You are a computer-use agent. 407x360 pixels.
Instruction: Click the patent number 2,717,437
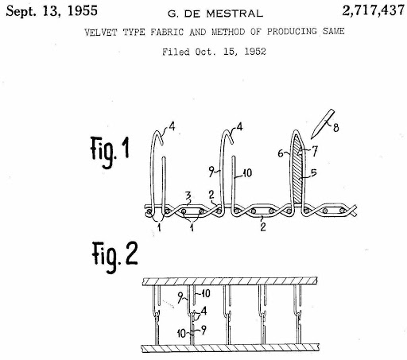(374, 11)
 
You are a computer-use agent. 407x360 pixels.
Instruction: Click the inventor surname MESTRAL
(235, 14)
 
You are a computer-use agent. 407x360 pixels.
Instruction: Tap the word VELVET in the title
(101, 33)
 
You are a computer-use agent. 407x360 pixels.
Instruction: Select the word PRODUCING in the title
(292, 32)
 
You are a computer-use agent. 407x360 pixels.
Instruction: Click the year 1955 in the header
(83, 11)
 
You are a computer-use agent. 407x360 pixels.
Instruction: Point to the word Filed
(176, 52)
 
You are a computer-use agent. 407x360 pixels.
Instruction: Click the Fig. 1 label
(110, 152)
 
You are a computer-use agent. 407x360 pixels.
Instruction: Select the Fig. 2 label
(114, 256)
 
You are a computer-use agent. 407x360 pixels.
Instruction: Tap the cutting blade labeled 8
(323, 124)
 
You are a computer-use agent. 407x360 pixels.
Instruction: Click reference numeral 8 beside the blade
(336, 128)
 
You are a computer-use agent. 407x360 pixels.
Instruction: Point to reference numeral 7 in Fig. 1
(315, 151)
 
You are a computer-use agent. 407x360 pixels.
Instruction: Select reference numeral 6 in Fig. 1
(281, 153)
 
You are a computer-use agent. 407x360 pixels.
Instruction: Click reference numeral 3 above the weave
(188, 197)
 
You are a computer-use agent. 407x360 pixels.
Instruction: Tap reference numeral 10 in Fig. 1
(247, 173)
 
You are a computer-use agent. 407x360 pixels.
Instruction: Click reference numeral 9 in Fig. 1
(211, 172)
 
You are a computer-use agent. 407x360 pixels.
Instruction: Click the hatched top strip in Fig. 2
(230, 281)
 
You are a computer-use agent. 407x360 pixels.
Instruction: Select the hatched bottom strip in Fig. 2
(231, 348)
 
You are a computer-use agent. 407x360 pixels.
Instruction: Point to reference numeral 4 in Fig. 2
(203, 311)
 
